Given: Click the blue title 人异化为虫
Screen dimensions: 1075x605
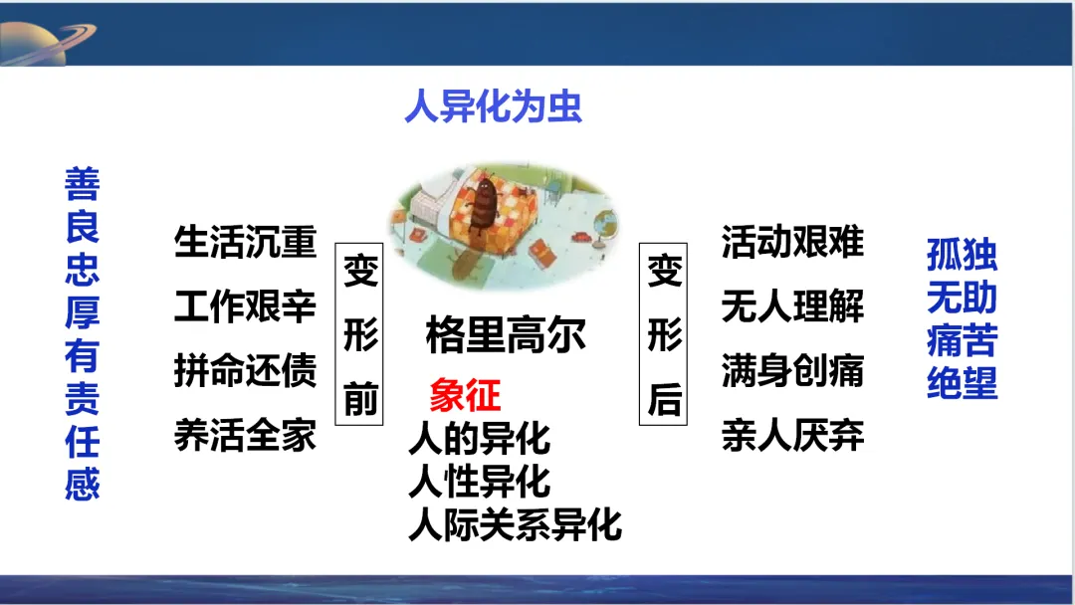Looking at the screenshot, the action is coord(493,106).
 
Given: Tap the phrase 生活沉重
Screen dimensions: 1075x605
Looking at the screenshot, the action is coord(246,242).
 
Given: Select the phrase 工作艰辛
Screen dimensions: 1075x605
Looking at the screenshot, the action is coord(246,306).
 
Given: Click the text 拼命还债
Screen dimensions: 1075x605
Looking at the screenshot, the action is coord(246,371).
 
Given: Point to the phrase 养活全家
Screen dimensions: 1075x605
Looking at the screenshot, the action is coord(246,435).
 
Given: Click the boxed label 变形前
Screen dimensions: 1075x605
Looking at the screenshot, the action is coord(359,334).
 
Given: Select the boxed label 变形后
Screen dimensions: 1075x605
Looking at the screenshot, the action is coord(664,334).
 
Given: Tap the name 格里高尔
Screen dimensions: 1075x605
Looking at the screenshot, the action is coord(506,335).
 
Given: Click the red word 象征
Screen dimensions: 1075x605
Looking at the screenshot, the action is coord(466,395).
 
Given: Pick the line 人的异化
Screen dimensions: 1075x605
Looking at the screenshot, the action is coord(479,439).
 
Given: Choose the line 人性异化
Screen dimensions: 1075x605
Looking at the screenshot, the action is coord(479,482).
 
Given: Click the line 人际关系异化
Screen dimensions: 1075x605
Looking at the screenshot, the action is coord(515,524).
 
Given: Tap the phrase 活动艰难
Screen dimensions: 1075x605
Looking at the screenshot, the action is coord(792,242).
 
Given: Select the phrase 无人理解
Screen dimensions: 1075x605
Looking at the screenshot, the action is coord(792,306).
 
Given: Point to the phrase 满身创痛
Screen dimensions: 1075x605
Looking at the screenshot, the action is coord(792,371).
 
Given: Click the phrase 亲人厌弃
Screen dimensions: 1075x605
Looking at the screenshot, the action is coord(792,435).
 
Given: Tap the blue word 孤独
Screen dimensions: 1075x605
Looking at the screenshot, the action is coord(962,255).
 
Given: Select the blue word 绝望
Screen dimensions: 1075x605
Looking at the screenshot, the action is coord(962,383).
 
